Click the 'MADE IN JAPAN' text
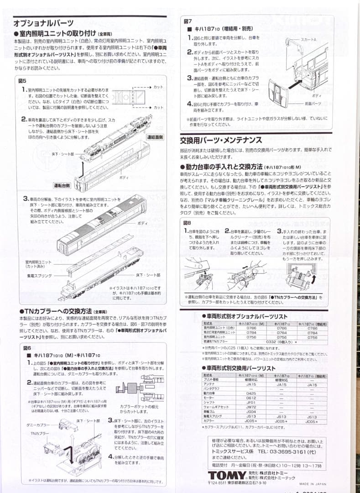[x=310, y=484]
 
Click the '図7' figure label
[x=188, y=21]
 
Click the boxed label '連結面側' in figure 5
[x=155, y=136]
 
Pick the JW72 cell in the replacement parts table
[x=251, y=406]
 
